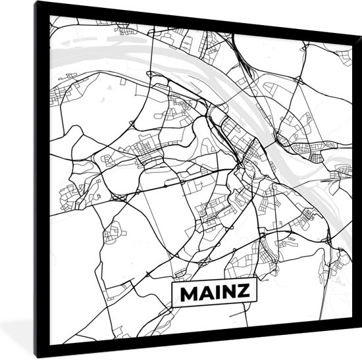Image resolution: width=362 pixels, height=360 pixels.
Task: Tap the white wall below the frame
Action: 197,356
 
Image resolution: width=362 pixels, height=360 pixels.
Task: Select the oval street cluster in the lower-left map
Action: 115,232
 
